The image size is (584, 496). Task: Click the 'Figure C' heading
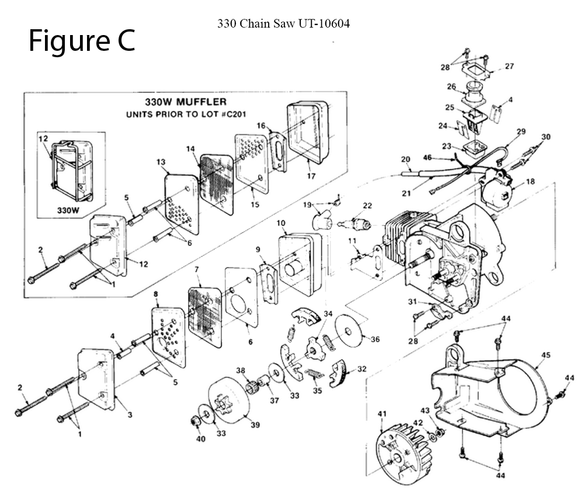tap(82, 41)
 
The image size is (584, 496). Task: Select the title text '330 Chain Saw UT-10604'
tap(283, 25)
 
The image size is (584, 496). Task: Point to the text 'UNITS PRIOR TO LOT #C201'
tap(186, 115)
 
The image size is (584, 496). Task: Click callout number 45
tap(546, 355)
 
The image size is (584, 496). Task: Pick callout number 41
tap(383, 414)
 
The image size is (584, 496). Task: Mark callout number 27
tap(509, 66)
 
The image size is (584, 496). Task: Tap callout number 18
tap(530, 182)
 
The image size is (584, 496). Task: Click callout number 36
tap(376, 339)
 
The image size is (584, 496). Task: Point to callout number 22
tap(367, 205)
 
